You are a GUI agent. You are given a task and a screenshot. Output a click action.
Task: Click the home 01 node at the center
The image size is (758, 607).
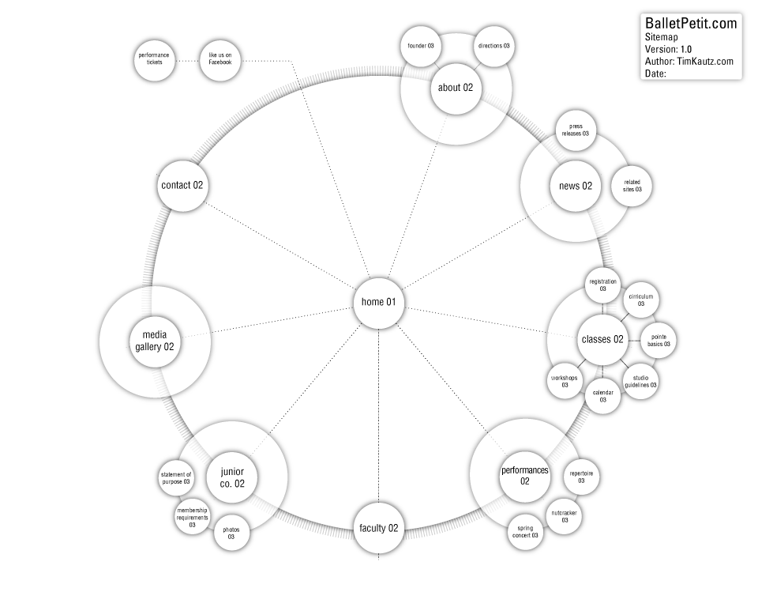pos(379,303)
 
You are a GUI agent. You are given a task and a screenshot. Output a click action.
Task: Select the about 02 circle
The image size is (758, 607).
pos(456,88)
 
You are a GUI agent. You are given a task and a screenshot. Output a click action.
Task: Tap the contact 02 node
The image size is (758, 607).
pos(182,186)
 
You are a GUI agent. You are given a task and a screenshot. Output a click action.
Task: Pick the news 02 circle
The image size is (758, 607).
pos(576,187)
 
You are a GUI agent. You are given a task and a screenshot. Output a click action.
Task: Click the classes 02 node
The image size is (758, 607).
pos(602,340)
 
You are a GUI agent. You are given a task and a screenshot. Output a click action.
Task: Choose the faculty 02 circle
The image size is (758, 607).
pos(379,528)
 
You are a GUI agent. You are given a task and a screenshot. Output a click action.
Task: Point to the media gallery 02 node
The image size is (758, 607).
pos(155,341)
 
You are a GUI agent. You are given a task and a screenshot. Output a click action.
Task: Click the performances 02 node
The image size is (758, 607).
pos(524,476)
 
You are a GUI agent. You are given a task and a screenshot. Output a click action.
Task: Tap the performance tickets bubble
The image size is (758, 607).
pos(154,59)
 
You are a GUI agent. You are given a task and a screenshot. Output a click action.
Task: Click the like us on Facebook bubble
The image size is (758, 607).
pos(220,59)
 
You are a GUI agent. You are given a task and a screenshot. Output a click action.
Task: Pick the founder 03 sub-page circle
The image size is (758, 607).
pos(421,46)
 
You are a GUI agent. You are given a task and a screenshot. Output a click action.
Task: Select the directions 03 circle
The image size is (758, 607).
pos(494,46)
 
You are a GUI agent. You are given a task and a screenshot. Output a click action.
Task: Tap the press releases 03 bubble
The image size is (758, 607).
pos(576,130)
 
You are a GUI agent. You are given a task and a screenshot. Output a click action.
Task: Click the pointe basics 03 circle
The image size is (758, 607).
pos(658,341)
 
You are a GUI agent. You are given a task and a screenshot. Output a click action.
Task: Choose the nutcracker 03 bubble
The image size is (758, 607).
pos(565,516)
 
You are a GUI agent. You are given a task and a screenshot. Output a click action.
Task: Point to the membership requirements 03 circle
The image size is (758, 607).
pos(192,517)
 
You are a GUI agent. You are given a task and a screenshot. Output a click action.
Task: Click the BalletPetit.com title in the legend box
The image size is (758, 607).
pos(691,24)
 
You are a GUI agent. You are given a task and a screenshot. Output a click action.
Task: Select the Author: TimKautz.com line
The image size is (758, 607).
pos(689,61)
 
